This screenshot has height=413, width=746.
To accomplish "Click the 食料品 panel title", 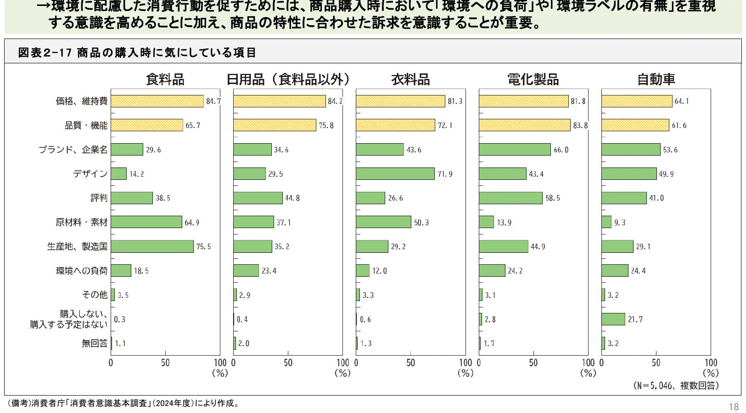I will pyautogui.click(x=165, y=79).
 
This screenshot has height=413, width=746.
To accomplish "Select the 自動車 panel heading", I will pyautogui.click(x=656, y=79).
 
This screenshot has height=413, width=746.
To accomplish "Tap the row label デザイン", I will pyautogui.click(x=90, y=174).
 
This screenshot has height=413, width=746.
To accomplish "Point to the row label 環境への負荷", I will pyautogui.click(x=82, y=271).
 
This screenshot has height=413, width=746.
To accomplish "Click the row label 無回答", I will pyautogui.click(x=95, y=343).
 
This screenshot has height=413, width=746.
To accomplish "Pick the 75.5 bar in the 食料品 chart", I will pyautogui.click(x=152, y=246).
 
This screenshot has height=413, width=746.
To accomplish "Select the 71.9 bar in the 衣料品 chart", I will pyautogui.click(x=395, y=174).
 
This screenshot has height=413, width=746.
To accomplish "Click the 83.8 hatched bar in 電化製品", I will pyautogui.click(x=524, y=125).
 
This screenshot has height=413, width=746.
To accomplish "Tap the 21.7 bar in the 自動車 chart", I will pyautogui.click(x=613, y=319).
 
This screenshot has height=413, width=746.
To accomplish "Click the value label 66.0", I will pyautogui.click(x=561, y=150).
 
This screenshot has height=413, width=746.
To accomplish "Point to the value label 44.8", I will pyautogui.click(x=292, y=198).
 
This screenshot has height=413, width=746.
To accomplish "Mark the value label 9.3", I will pyautogui.click(x=620, y=223).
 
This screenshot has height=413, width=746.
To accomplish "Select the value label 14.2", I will pyautogui.click(x=136, y=174).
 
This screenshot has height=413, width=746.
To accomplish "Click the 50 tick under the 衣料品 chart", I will pyautogui.click(x=410, y=363).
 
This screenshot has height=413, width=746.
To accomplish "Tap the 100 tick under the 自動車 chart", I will pyautogui.click(x=710, y=363).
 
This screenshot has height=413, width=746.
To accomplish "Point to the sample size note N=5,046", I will pyautogui.click(x=676, y=385).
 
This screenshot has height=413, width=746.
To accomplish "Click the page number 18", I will pyautogui.click(x=733, y=407).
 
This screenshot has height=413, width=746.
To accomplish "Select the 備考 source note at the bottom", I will pyautogui.click(x=123, y=403).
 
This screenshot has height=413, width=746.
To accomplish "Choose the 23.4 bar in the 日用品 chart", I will pyautogui.click(x=246, y=271).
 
